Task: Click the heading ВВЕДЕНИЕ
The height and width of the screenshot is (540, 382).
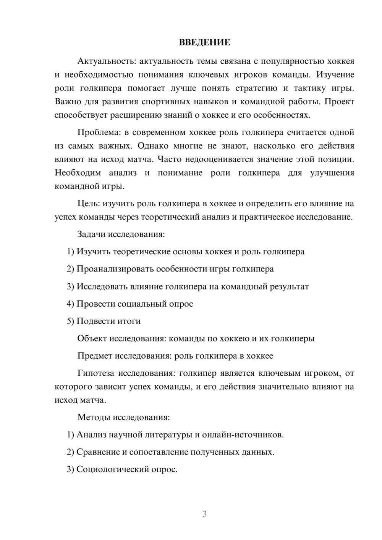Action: (x=204, y=42)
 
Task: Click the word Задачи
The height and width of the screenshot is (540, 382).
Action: (x=91, y=234)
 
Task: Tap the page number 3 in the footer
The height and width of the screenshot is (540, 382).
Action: (x=204, y=514)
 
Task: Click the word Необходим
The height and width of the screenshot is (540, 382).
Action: (x=78, y=173)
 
